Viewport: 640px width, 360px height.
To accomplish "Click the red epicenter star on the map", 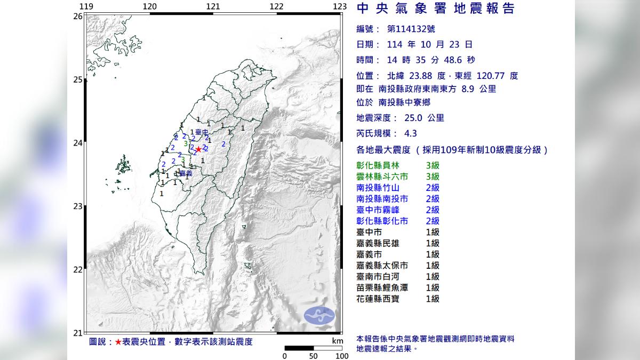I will (x=198, y=150).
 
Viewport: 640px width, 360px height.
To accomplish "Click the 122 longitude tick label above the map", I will (x=276, y=6).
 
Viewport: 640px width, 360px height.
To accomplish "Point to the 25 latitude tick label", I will (x=78, y=80).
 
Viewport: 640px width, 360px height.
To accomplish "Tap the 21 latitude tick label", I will (x=78, y=332).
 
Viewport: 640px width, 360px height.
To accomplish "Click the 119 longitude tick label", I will (x=86, y=6).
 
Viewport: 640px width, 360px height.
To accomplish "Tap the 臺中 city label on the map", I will (x=201, y=132).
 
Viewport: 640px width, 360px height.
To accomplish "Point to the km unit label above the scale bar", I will (x=337, y=340).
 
